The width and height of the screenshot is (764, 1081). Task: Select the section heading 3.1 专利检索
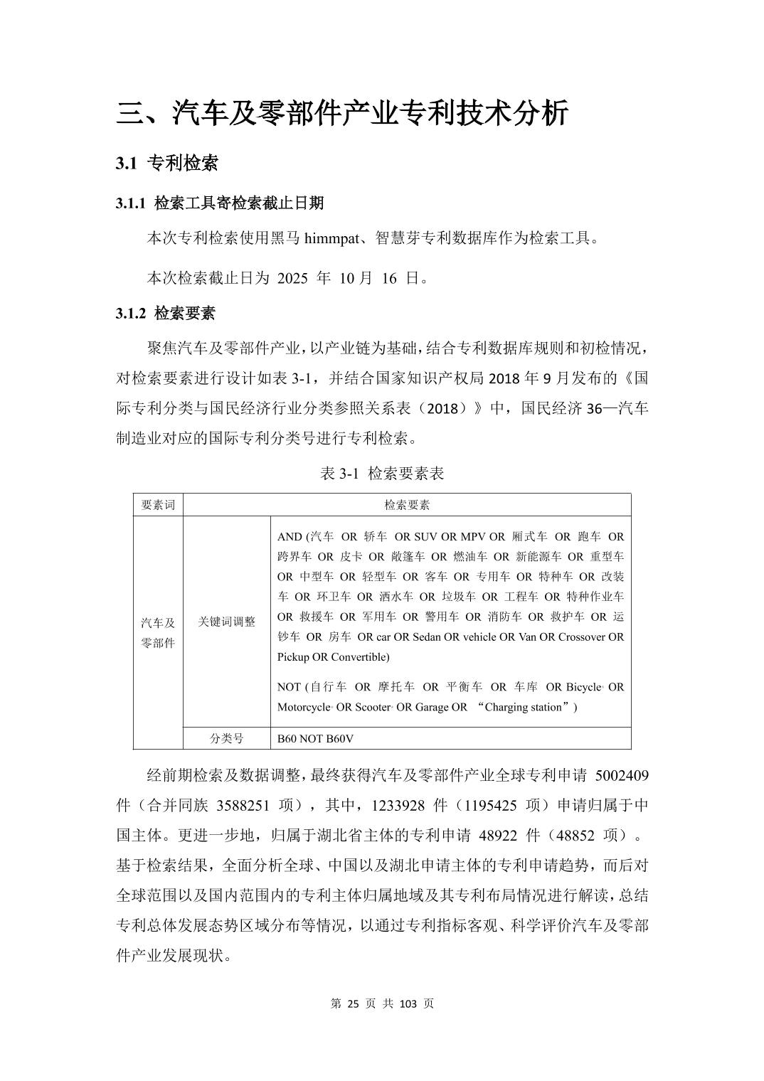167,164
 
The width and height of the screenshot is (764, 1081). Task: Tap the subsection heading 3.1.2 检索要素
166,314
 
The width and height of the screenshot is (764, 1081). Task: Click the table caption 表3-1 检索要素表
382,474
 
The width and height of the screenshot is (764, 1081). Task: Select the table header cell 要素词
158,505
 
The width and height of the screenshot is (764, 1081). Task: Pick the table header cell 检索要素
407,505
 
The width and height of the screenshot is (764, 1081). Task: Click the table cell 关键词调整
226,622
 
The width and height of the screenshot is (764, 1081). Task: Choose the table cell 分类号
226,739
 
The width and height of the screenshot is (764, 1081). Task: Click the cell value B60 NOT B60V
315,739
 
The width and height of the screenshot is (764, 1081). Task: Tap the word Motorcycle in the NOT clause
304,707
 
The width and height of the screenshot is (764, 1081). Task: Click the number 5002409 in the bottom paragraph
620,774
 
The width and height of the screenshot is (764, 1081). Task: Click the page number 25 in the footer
354,1003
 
